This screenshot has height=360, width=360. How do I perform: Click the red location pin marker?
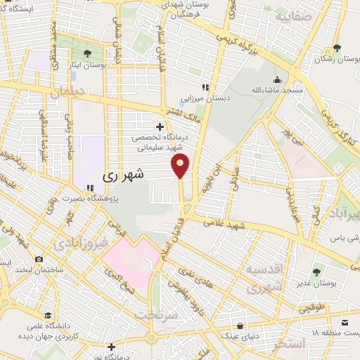click(180, 165)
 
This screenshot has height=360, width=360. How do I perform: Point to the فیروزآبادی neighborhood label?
click(79, 244)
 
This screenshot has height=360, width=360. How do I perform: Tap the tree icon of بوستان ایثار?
click(87, 53)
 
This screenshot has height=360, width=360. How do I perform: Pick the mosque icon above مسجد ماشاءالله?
click(278, 79)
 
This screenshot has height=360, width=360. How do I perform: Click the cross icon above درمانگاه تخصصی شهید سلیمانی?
click(160, 127)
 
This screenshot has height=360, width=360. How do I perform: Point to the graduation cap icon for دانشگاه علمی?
click(47, 314)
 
